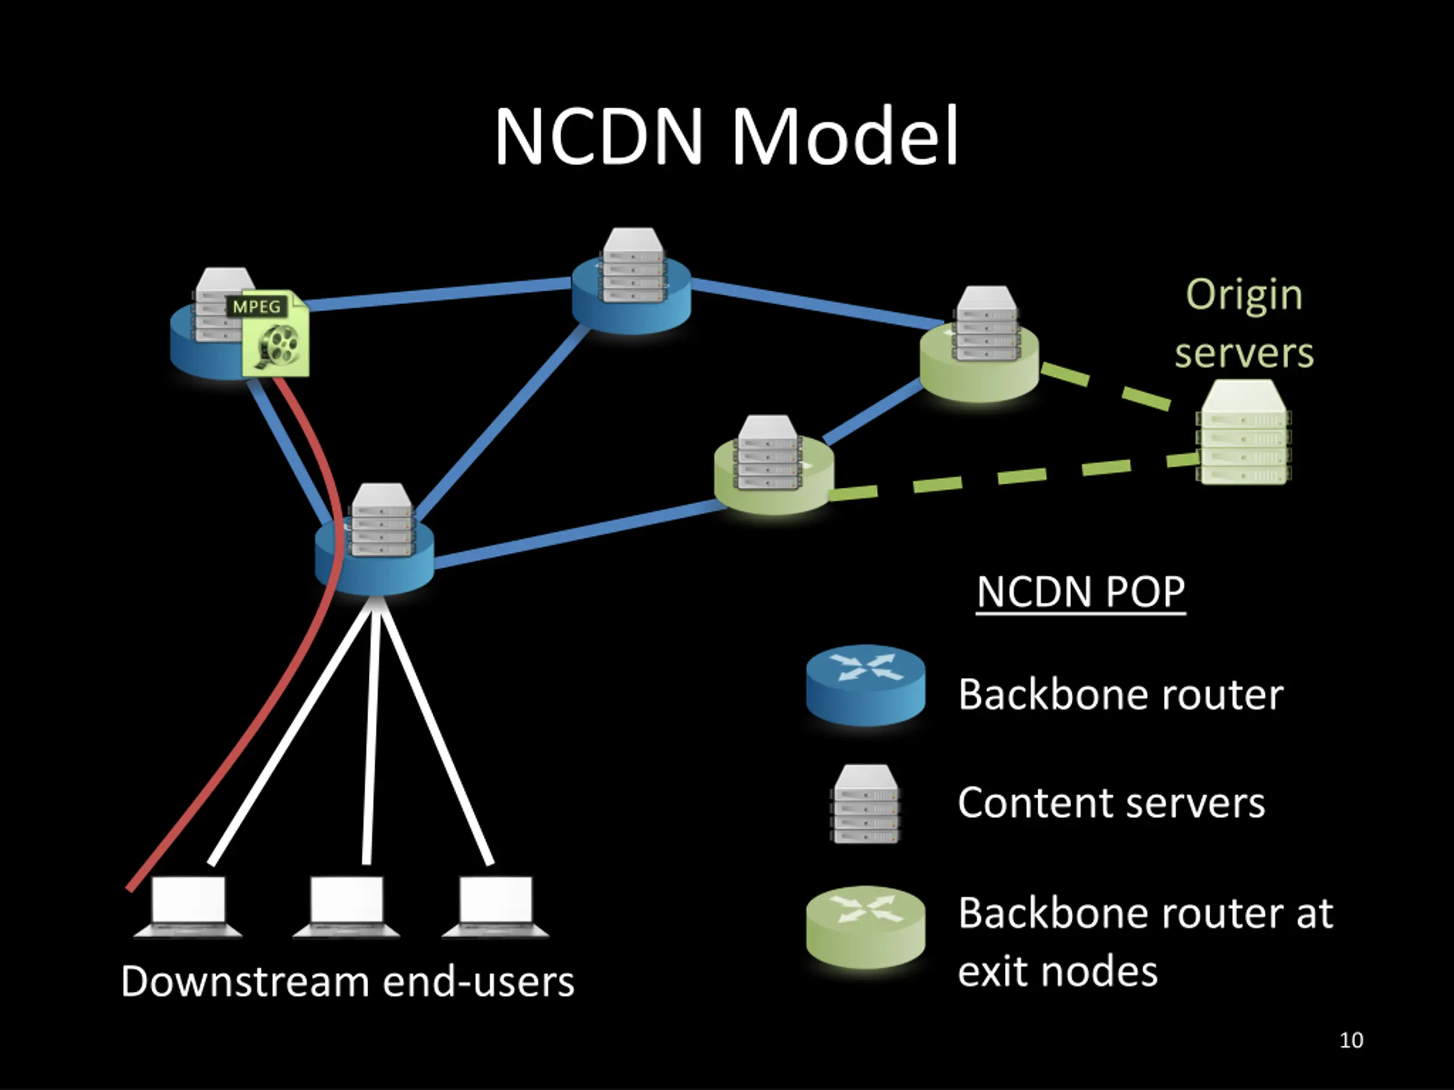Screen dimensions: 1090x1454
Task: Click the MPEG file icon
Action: (275, 334)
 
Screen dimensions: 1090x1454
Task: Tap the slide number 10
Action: (1351, 1040)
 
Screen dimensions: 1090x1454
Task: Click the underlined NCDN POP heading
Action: (1081, 592)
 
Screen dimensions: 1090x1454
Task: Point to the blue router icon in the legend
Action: (866, 685)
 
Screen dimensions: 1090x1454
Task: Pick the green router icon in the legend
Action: (866, 927)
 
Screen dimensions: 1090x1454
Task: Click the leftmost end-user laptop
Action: (188, 906)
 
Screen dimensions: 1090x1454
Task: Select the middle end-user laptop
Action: (346, 906)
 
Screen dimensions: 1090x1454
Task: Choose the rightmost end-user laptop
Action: (496, 906)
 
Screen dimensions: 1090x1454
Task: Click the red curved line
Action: (276, 710)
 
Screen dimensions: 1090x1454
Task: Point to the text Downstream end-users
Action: (348, 982)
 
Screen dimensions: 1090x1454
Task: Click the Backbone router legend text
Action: (1120, 694)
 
